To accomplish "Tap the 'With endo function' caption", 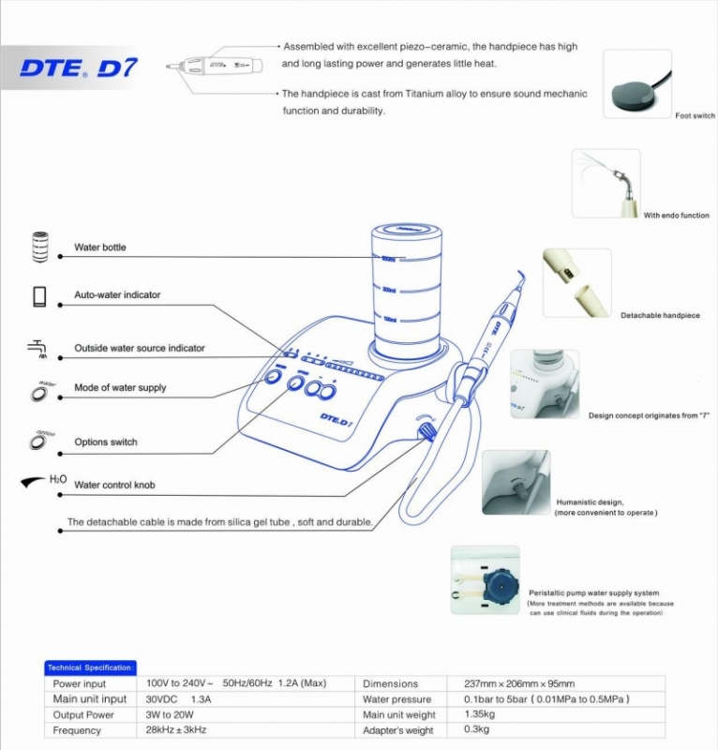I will pyautogui.click(x=676, y=216).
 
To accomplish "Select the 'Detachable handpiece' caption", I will pyautogui.click(x=660, y=316).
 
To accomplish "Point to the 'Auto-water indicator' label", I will pyautogui.click(x=117, y=294).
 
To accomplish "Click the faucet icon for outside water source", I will pyautogui.click(x=38, y=348).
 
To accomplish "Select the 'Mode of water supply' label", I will pyautogui.click(x=120, y=388).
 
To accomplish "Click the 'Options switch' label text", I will pyautogui.click(x=106, y=442).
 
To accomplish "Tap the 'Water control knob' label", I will pyautogui.click(x=114, y=486).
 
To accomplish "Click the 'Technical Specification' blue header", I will pyautogui.click(x=90, y=667).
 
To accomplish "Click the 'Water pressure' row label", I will pyautogui.click(x=396, y=699).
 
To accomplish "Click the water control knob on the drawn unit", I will pyautogui.click(x=425, y=431).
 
